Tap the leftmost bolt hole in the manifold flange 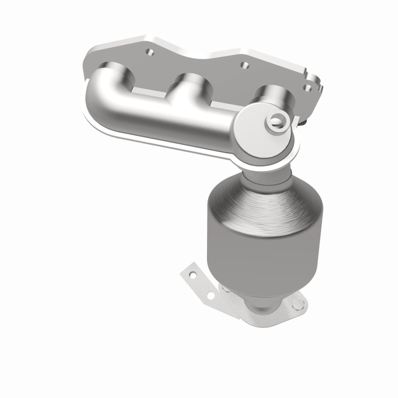[148, 51]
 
